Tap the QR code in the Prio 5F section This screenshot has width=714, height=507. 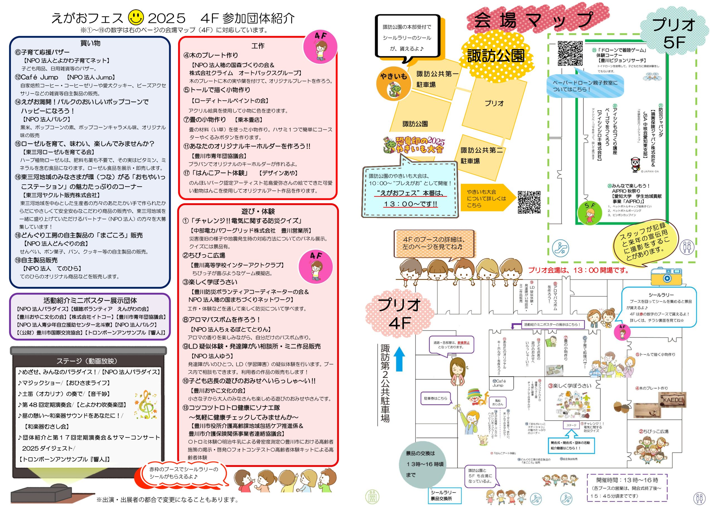coord(570,53)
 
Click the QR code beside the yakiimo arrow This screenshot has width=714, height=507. coord(529,202)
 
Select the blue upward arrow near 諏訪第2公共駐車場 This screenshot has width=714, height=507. coord(399,359)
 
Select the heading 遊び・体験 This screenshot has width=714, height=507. coord(258,211)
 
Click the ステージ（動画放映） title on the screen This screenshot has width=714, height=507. coord(87,361)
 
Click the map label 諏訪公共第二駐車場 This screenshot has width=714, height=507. coord(481,155)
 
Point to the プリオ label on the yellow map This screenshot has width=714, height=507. coord(494,103)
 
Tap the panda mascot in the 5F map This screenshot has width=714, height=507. coord(635,164)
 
